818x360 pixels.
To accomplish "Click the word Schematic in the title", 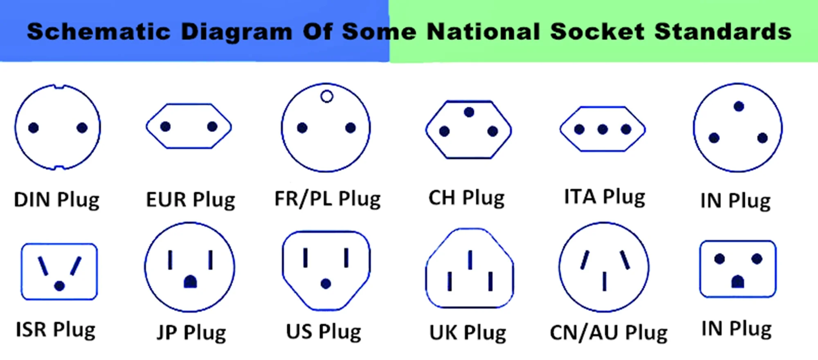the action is tap(98, 32).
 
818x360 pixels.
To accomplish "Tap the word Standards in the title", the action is tap(723, 32).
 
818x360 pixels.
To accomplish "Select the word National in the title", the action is tap(483, 32).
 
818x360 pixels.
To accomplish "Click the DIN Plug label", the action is tap(56, 200).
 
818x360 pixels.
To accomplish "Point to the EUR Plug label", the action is tap(191, 200).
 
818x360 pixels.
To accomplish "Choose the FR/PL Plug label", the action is tap(327, 199).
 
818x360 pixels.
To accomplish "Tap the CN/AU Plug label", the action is tap(608, 333).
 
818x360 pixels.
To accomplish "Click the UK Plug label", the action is tap(467, 333).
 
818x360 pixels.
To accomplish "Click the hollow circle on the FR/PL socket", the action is tap(326, 97).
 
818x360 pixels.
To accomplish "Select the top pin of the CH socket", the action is tap(469, 112).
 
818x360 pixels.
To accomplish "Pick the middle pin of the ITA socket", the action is tap(602, 130).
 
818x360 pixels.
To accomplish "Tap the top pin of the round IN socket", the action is tap(739, 107).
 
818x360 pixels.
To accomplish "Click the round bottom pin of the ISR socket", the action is tap(59, 286).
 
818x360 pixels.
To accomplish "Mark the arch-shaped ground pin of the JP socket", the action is tap(190, 281).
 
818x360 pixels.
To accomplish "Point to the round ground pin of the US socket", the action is tap(326, 283).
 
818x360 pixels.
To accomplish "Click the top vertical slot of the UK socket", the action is tap(470, 260).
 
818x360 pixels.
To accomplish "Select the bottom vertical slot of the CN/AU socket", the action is tap(604, 281).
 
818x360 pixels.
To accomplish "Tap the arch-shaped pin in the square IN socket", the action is tap(737, 281).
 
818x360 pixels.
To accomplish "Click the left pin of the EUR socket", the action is tap(165, 127).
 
